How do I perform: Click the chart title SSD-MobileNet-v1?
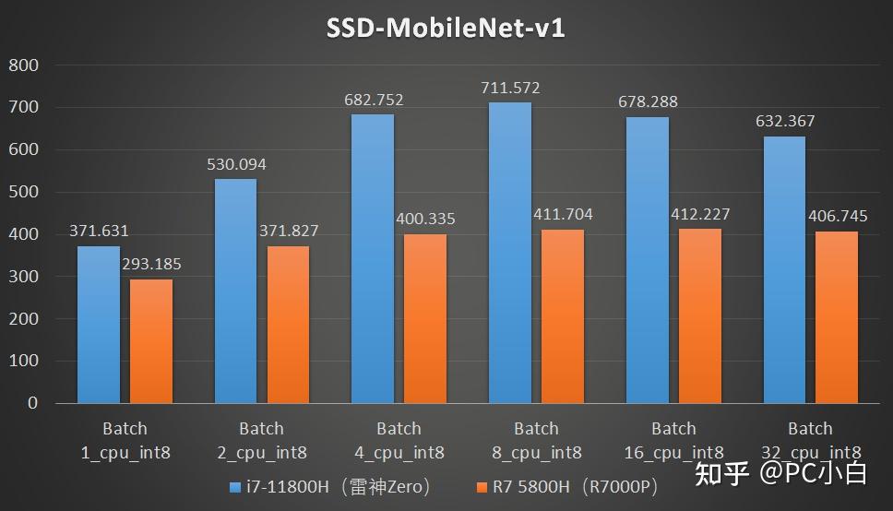[x=446, y=29]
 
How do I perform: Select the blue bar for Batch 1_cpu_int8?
[x=99, y=325]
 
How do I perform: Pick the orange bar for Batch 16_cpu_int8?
[x=700, y=315]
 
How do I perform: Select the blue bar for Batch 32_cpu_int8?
[x=784, y=269]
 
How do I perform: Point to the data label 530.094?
[x=235, y=163]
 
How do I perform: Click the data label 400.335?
[x=425, y=220]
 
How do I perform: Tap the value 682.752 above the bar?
[x=373, y=100]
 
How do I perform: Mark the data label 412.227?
[x=700, y=214]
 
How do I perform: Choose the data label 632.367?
[x=784, y=122]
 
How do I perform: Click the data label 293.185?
[x=151, y=265]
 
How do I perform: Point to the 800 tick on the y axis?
[x=23, y=65]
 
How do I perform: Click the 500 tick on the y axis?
[x=23, y=193]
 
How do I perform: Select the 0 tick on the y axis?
[x=32, y=403]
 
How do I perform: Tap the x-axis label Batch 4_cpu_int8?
[x=399, y=440]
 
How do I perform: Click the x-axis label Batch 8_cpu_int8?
[x=536, y=440]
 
